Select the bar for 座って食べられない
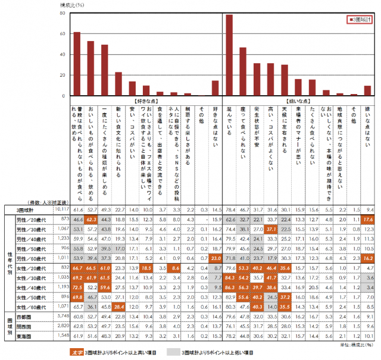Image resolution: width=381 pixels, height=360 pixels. [243, 71]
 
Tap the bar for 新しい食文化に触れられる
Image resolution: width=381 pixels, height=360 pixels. [118, 84]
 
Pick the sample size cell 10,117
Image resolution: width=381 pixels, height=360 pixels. [61, 210]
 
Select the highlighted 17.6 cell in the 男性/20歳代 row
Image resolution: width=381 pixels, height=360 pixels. [367, 220]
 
